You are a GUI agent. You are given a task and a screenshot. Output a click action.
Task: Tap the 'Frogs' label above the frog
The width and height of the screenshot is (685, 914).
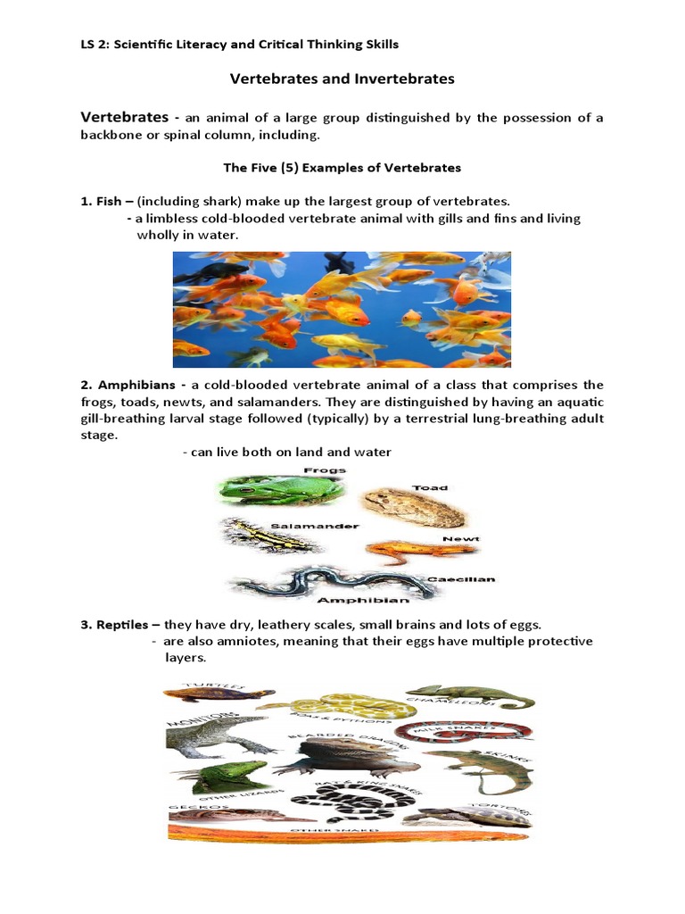(325, 469)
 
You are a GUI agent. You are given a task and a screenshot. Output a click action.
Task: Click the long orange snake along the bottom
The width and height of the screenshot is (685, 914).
(348, 836)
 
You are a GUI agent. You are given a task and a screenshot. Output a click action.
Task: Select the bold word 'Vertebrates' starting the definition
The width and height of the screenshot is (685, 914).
(124, 118)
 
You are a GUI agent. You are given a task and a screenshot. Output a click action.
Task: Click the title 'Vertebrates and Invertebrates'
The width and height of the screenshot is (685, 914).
(342, 79)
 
